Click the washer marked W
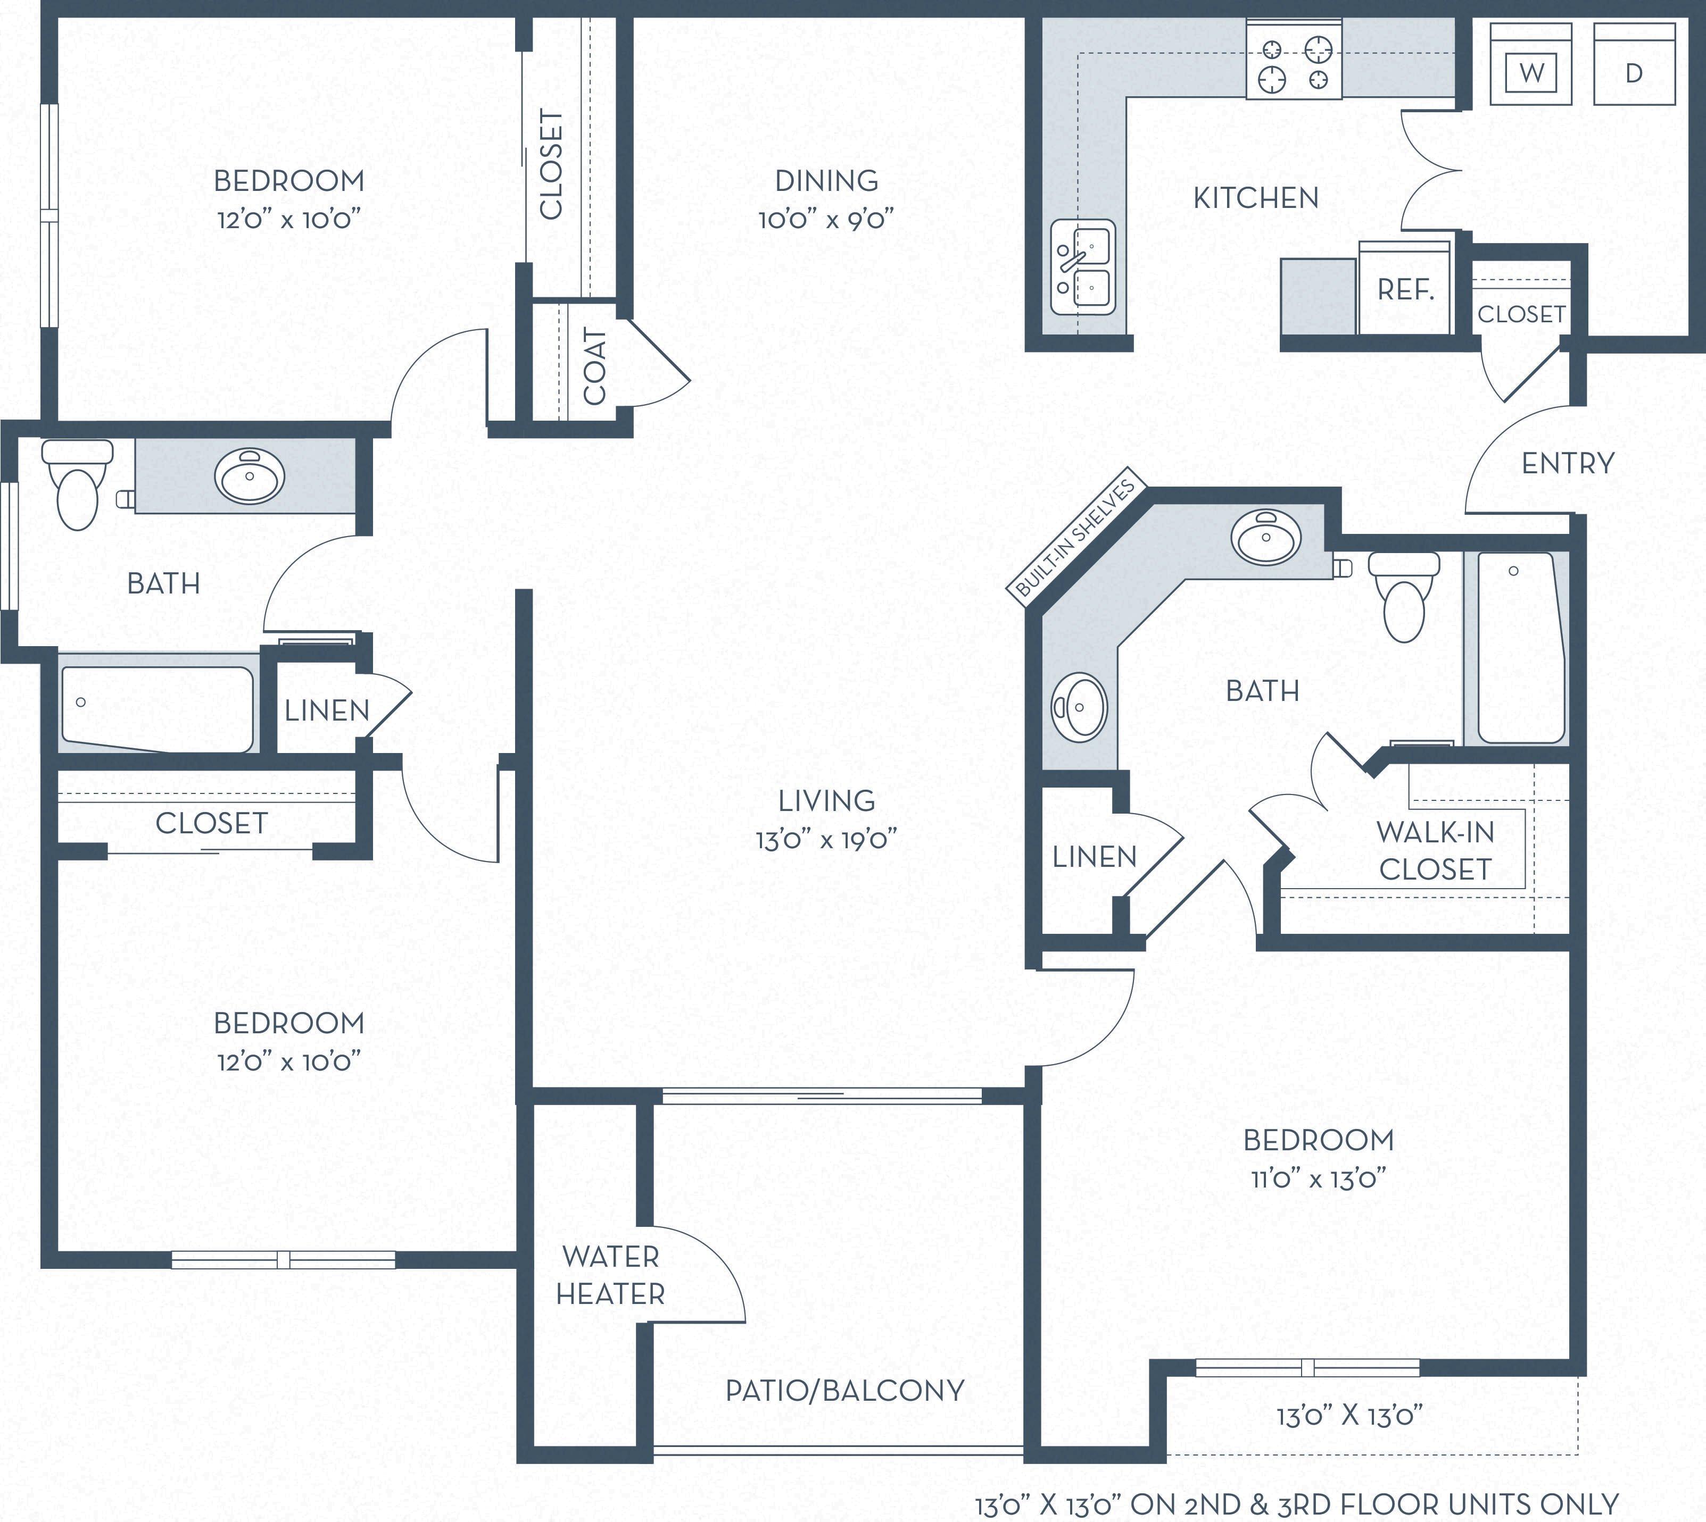(1531, 64)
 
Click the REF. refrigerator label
(1406, 290)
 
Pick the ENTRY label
(1567, 463)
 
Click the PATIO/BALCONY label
(845, 1390)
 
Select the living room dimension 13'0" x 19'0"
(826, 839)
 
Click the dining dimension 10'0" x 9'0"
(826, 219)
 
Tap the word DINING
(826, 181)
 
